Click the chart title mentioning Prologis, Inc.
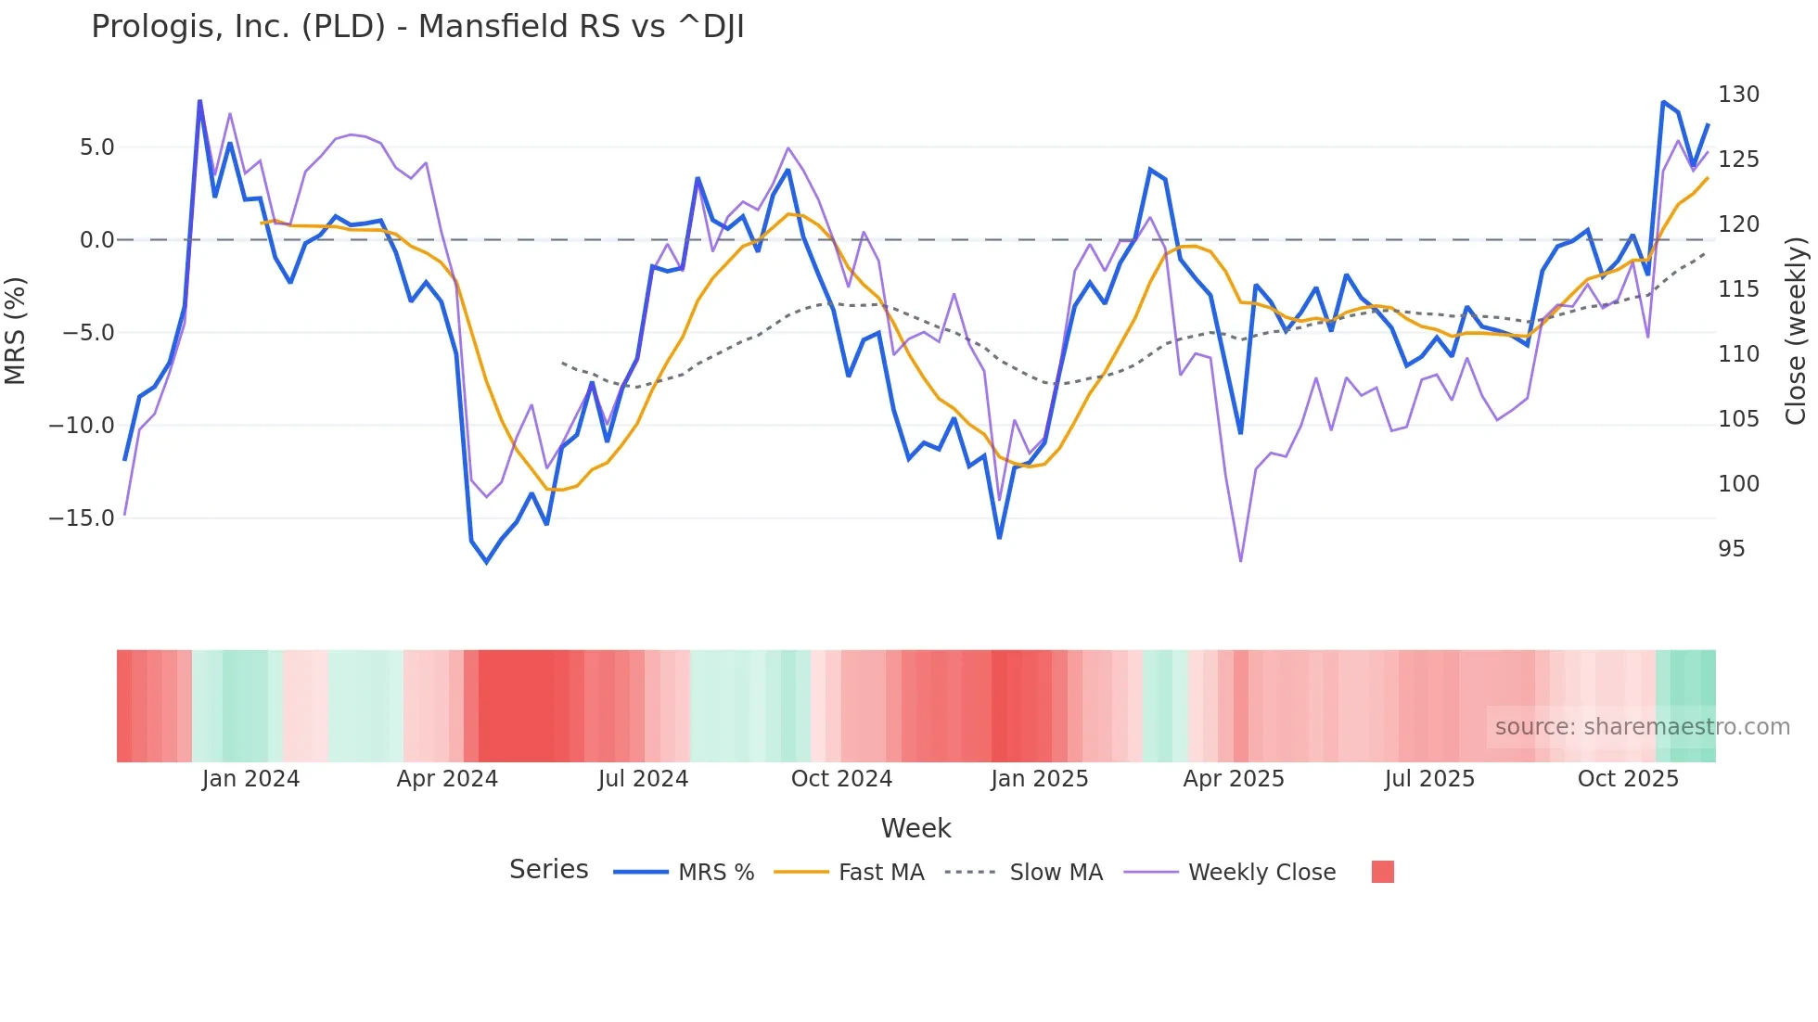click(417, 27)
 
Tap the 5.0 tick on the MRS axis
click(96, 147)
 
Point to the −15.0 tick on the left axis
click(82, 518)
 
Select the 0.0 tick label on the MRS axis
click(96, 240)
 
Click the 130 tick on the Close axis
click(1738, 95)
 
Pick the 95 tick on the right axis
click(1731, 549)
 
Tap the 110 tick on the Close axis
click(1738, 354)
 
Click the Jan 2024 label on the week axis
click(250, 779)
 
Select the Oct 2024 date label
click(841, 779)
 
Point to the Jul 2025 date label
click(1429, 779)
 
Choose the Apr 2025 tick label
click(1234, 779)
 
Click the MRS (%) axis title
click(16, 331)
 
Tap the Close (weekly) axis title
click(1796, 331)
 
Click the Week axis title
click(915, 828)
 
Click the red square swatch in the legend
click(1382, 872)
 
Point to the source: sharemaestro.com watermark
click(1642, 727)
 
